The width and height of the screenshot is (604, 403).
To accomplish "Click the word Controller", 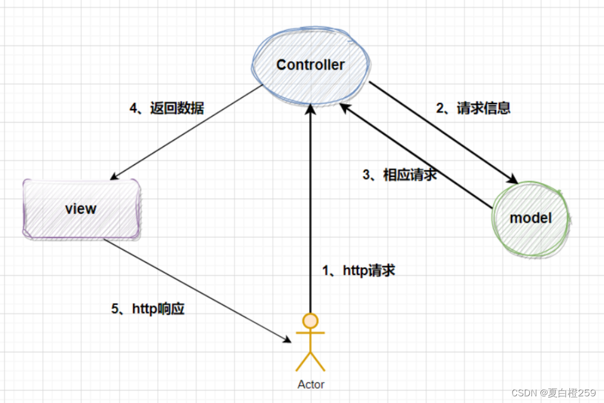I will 310,65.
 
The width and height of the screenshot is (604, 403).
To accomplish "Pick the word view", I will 81,209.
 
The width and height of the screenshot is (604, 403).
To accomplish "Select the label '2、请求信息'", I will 473,108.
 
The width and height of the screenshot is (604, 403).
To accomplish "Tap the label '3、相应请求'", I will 400,175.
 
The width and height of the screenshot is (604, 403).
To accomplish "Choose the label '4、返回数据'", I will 167,108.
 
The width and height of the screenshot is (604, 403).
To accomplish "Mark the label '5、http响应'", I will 148,309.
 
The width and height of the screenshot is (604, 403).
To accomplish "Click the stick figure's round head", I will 310,321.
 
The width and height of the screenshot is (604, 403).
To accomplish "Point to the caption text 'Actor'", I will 310,385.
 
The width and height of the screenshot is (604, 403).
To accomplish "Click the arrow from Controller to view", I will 187,132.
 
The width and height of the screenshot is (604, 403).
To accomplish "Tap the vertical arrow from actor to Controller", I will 310,212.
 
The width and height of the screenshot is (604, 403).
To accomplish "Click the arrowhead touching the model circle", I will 512,180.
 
